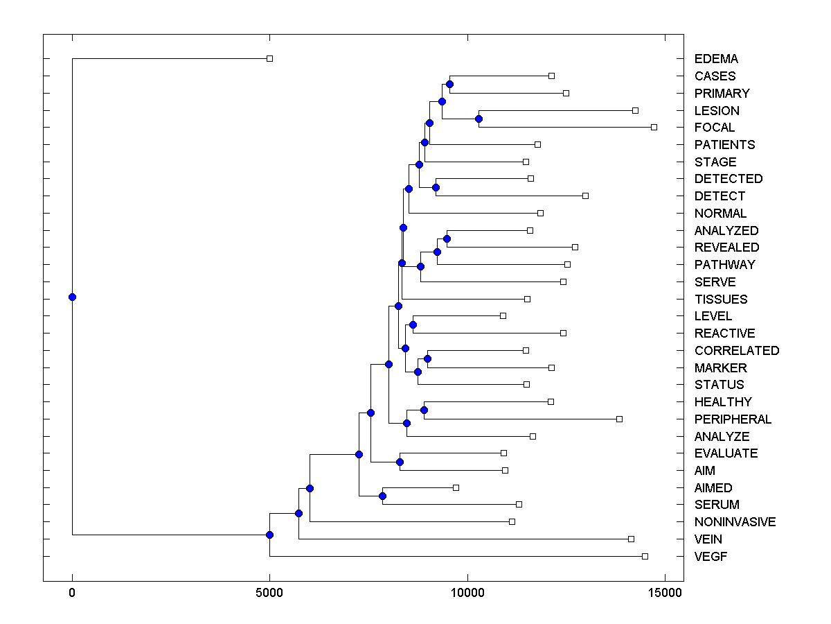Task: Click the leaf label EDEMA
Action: pos(716,59)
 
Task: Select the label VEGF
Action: pos(711,557)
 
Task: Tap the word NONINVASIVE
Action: pos(735,522)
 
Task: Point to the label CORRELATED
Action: pos(736,351)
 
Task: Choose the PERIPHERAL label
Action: pos(733,419)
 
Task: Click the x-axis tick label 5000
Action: pos(269,593)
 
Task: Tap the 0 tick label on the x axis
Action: pos(72,593)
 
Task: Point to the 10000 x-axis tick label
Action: pos(467,593)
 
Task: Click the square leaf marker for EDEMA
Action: pos(270,59)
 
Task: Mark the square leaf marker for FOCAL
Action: pos(654,127)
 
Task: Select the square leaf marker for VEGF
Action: pos(645,556)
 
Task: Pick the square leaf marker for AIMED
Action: pos(456,487)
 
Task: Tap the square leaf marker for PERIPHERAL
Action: pos(619,419)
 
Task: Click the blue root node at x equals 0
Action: pos(72,297)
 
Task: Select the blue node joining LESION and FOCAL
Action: pos(479,119)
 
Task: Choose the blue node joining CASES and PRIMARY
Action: pos(449,84)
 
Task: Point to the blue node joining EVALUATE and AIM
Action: pos(400,462)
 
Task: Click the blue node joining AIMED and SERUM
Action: pos(382,496)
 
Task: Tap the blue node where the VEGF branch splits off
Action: pos(269,535)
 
